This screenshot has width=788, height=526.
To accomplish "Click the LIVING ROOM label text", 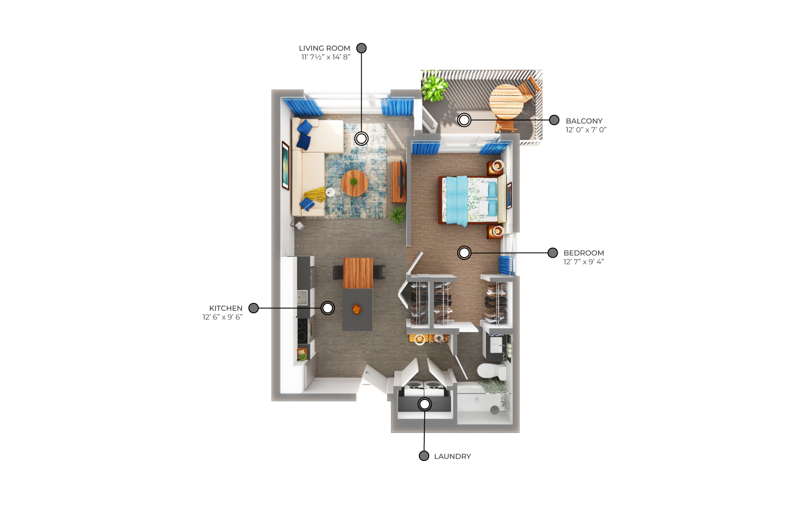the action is tap(324, 48).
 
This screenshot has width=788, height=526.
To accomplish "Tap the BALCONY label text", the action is tap(584, 121).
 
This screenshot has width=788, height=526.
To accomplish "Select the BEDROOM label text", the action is tap(584, 253).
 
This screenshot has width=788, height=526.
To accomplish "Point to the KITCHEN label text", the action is tap(226, 308).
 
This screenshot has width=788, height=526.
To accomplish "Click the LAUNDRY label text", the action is tap(452, 456).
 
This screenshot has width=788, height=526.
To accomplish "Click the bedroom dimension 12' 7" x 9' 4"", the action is tap(584, 262).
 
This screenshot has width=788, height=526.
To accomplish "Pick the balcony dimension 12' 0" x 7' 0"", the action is tap(586, 130).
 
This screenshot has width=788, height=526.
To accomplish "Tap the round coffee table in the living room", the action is tap(354, 183).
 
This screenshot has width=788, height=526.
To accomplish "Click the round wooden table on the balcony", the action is tap(506, 101).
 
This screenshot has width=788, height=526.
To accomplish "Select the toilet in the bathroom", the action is tap(491, 371).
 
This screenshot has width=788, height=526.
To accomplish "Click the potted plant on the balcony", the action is tap(435, 88).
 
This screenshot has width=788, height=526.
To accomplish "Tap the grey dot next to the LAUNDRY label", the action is tap(424, 456).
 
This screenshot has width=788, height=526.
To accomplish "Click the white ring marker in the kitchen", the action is tap(327, 308).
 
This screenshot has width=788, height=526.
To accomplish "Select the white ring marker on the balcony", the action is tap(464, 120).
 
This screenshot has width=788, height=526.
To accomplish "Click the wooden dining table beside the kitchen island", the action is tap(358, 273).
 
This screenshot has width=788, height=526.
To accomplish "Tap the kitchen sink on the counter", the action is tap(302, 297).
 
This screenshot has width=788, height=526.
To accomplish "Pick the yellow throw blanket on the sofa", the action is tap(315, 195).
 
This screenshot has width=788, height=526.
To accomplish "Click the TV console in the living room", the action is tap(399, 182).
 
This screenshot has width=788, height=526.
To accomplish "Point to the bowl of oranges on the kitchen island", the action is tap(357, 309).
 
